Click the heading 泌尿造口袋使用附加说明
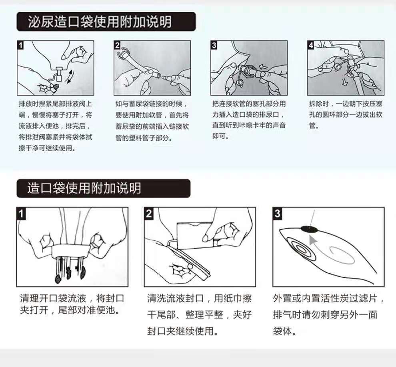(100, 22)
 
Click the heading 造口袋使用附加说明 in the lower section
(84, 188)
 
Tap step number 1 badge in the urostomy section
(20, 45)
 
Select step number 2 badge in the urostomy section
(117, 45)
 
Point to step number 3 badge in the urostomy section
(214, 45)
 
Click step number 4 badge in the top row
(311, 45)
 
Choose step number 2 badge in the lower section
(149, 213)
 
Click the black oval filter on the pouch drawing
(309, 229)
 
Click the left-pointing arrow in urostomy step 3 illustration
(263, 66)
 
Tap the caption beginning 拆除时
(346, 114)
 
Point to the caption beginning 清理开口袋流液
(72, 304)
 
